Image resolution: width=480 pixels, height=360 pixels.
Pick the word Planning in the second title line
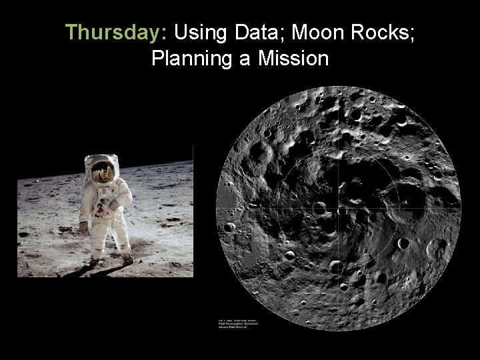click(191, 59)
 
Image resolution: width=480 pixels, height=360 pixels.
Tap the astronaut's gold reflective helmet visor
click(102, 172)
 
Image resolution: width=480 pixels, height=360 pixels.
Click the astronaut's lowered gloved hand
click(83, 226)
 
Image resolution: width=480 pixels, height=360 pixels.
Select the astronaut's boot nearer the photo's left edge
click(93, 261)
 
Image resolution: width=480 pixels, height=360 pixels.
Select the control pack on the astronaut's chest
click(104, 197)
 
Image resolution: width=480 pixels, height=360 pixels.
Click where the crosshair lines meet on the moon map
click(339, 209)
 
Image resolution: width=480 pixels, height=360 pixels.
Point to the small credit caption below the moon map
click(239, 325)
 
